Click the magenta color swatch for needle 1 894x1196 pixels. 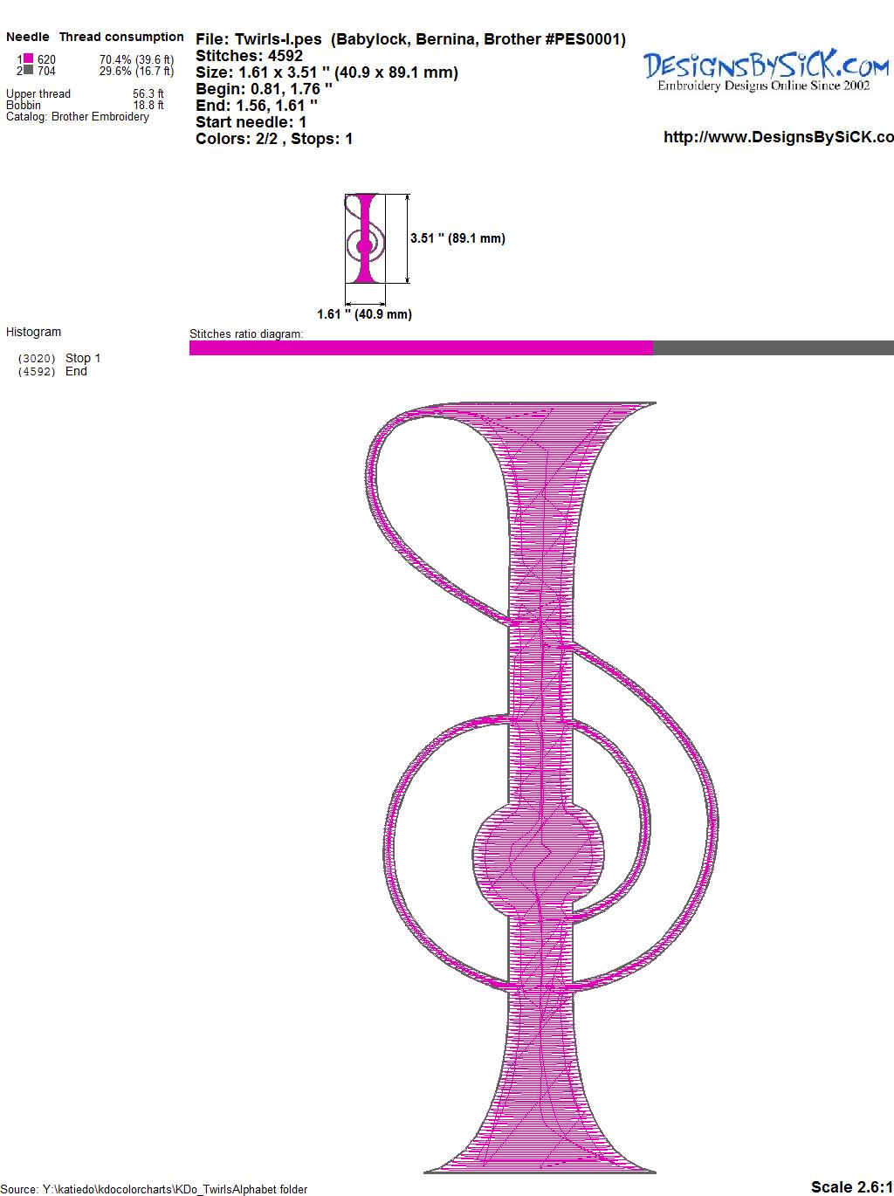tap(28, 58)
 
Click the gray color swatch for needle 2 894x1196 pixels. tap(28, 70)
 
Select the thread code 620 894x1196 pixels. tap(46, 59)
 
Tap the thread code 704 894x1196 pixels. tap(46, 71)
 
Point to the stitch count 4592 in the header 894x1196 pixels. tap(285, 56)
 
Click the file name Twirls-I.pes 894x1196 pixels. tap(278, 39)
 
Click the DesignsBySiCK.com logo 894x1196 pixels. tap(766, 70)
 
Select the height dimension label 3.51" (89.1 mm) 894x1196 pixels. tap(457, 238)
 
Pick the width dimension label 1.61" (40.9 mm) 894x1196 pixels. tap(364, 314)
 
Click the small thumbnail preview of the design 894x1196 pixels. tap(365, 238)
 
